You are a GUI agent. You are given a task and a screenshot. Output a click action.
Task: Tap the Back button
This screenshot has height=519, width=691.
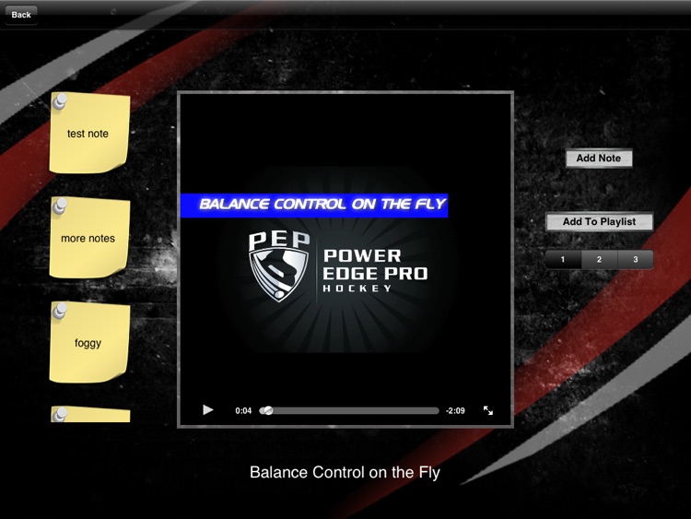coord(20,15)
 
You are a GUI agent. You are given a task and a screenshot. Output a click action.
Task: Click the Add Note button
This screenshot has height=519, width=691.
coord(599,159)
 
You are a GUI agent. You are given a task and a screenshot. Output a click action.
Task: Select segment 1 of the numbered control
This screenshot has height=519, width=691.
coord(563,260)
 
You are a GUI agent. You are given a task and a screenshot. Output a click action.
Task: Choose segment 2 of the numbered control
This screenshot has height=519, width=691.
coord(599,260)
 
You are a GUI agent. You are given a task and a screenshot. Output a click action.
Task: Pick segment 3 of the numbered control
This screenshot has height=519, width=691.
coord(635,260)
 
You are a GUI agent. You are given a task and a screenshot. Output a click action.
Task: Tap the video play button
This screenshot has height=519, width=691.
coord(208,410)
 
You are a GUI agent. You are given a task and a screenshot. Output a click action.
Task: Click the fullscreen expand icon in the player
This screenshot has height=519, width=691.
coord(488,410)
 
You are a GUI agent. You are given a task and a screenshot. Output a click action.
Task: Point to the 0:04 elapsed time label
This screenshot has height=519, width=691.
coord(243,411)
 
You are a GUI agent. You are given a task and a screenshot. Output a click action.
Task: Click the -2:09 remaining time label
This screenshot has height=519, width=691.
coord(455,411)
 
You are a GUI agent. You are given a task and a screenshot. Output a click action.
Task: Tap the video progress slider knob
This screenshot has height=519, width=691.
coord(267,411)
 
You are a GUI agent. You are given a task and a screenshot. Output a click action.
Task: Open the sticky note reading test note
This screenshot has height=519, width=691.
coord(88,135)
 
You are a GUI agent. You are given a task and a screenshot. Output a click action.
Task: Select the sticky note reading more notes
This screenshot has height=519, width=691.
coord(88,239)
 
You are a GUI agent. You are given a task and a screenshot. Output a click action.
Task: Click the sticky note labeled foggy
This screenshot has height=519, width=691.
coord(88,343)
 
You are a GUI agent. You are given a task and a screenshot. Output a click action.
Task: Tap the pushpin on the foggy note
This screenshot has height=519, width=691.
coord(61,312)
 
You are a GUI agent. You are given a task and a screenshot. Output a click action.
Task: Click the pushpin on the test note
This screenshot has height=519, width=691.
coord(61,100)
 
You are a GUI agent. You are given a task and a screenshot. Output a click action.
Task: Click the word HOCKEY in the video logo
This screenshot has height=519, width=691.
coord(357,289)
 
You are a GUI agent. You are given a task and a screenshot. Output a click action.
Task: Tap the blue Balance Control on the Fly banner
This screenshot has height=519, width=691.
coord(314,205)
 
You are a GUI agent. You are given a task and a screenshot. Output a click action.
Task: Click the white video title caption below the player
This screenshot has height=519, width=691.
coord(345,473)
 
